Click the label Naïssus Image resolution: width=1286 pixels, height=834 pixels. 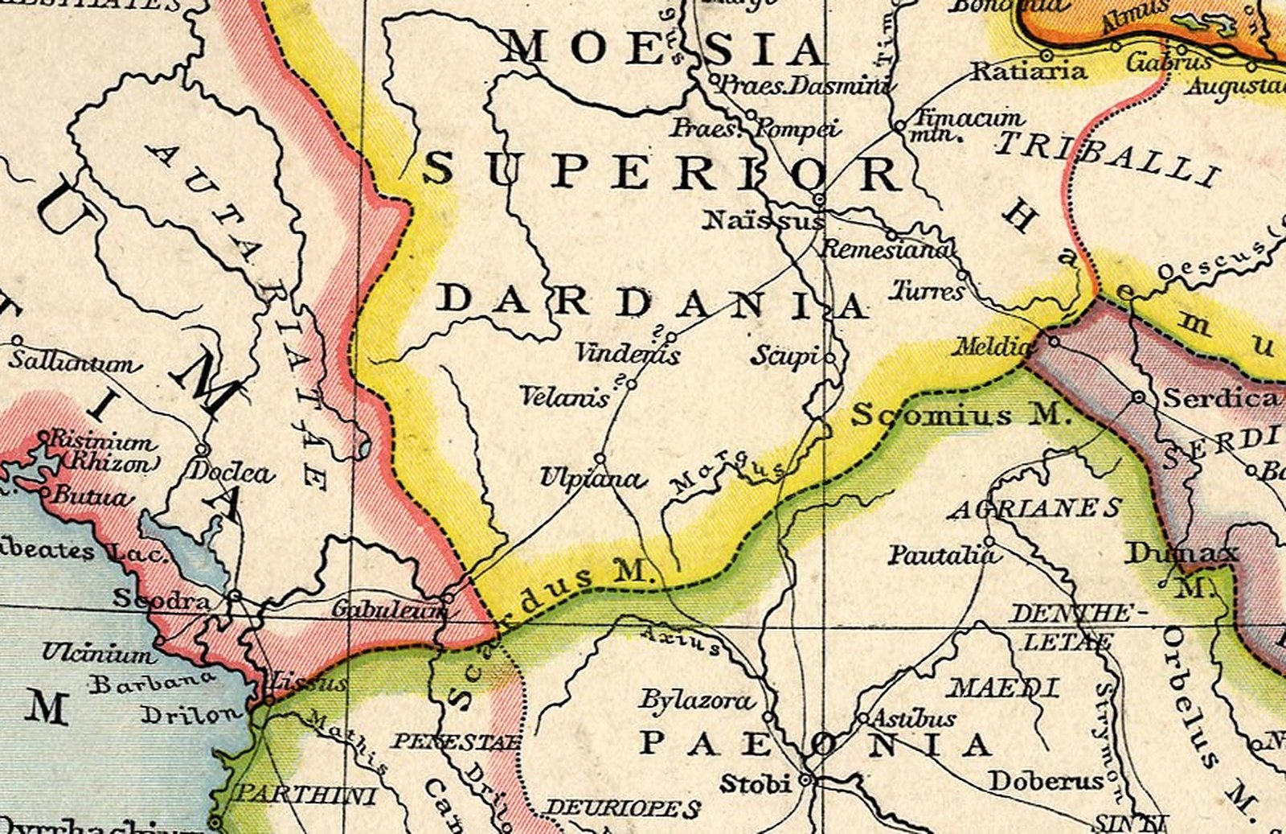pos(762,219)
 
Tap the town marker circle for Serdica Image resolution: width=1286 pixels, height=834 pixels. pos(1138,397)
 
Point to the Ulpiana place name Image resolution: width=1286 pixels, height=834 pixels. pos(592,478)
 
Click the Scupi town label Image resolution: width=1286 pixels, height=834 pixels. pos(785,355)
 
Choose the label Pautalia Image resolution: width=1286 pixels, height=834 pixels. pos(942,555)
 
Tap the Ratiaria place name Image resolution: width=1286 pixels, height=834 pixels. pos(1030,72)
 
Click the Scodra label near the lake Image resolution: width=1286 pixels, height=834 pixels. pos(162,598)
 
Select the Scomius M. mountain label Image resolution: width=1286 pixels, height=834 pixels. pos(961,414)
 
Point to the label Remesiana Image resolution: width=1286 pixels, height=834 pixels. pos(884,249)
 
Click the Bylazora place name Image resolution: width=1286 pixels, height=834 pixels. pos(696,700)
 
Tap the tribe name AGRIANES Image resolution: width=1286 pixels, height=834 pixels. pos(1035,508)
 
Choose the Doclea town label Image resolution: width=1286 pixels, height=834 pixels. pos(230,471)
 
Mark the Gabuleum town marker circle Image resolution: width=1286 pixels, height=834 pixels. pos(448,598)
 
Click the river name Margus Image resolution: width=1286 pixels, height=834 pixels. pos(727,475)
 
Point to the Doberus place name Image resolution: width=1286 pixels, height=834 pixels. pos(1046,780)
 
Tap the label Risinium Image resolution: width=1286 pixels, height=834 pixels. pos(102,441)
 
